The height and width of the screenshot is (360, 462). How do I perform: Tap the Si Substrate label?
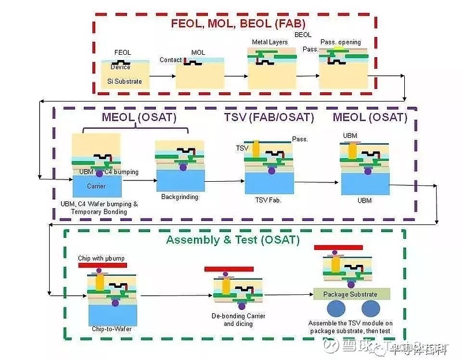124,81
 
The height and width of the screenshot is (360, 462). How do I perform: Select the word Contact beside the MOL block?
170,60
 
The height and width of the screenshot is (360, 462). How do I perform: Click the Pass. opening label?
340,42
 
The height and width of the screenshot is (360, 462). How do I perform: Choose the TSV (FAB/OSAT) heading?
269,118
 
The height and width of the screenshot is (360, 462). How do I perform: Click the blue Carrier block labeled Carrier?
96,186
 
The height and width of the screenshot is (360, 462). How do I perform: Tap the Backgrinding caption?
179,197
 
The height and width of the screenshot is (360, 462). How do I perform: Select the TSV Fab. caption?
269,200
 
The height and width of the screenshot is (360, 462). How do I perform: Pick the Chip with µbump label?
102,257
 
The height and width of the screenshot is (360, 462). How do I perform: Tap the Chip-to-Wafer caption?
111,329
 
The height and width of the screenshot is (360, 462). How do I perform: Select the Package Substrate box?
352,294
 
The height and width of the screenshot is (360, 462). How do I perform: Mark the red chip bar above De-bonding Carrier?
229,269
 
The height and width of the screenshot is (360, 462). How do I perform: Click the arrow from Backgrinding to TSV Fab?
225,181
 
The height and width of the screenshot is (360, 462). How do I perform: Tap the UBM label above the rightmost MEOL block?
351,136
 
